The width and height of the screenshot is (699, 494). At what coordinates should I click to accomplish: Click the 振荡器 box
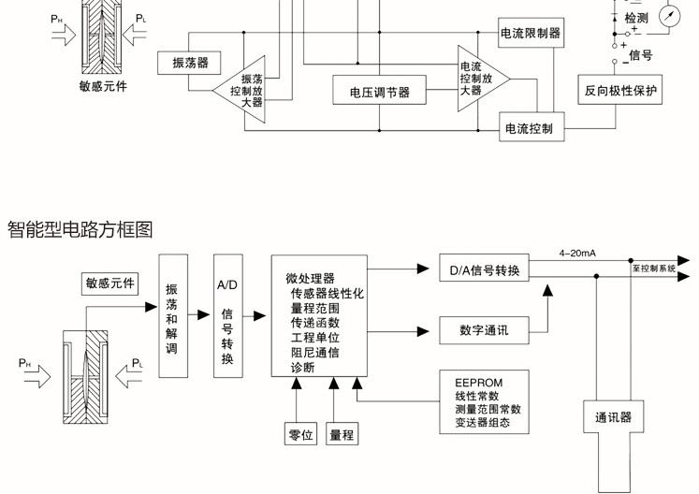point(190,64)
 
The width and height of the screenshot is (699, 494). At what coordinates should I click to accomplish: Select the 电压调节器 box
point(379,92)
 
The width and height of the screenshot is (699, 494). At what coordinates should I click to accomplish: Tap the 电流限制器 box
point(531,34)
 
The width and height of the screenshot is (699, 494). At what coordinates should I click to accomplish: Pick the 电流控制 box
point(533,127)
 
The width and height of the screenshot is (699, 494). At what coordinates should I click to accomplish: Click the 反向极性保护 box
point(620,91)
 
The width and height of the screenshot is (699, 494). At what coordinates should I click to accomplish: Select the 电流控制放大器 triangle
point(477,79)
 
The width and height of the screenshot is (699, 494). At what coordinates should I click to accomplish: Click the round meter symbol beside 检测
point(668,17)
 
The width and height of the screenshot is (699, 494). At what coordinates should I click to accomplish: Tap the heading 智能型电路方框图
point(80,229)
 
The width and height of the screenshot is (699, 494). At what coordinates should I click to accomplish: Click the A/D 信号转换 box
point(228,315)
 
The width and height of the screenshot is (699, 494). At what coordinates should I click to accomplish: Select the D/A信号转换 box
point(485,270)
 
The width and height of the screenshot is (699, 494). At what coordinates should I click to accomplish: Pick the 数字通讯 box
point(484,329)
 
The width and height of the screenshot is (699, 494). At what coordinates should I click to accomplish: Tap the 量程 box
point(342,434)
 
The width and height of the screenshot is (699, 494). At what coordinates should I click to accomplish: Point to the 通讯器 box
point(614,417)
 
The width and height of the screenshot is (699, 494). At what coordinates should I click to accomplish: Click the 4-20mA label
point(578,253)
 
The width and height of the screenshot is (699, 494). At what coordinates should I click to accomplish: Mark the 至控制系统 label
point(654,269)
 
